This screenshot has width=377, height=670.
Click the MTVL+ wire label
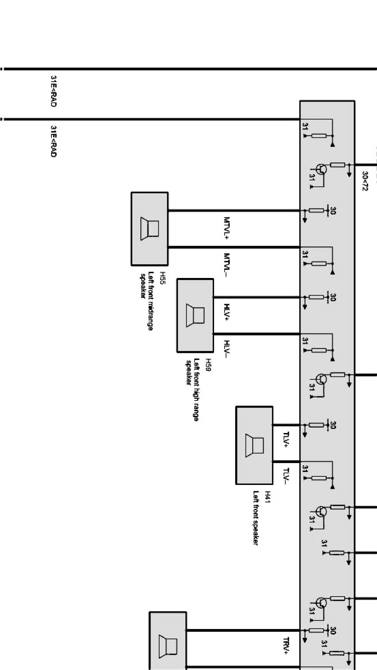pos(227,228)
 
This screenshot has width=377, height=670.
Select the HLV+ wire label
pos(227,312)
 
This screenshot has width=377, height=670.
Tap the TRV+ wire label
pos(286,646)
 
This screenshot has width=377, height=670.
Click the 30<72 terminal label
pos(365,181)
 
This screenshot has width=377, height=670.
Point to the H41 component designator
pos(267,497)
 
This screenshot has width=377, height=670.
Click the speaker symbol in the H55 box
pos(150,229)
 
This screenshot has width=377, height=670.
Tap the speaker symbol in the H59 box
pos(195,315)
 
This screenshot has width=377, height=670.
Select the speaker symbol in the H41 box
pos(254,445)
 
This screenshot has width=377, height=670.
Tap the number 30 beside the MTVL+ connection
pos(333,211)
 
